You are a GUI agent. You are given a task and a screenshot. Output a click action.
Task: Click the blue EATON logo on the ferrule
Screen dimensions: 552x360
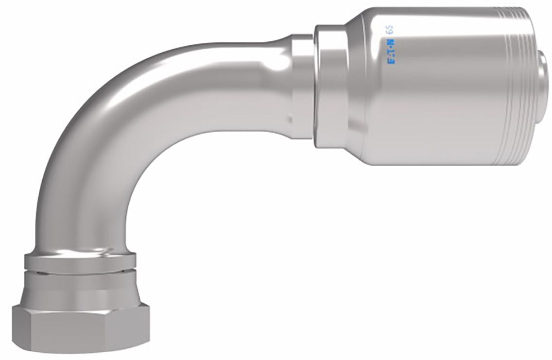click(x=391, y=51)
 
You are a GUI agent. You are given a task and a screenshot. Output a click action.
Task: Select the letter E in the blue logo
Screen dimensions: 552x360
click(x=391, y=61)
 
